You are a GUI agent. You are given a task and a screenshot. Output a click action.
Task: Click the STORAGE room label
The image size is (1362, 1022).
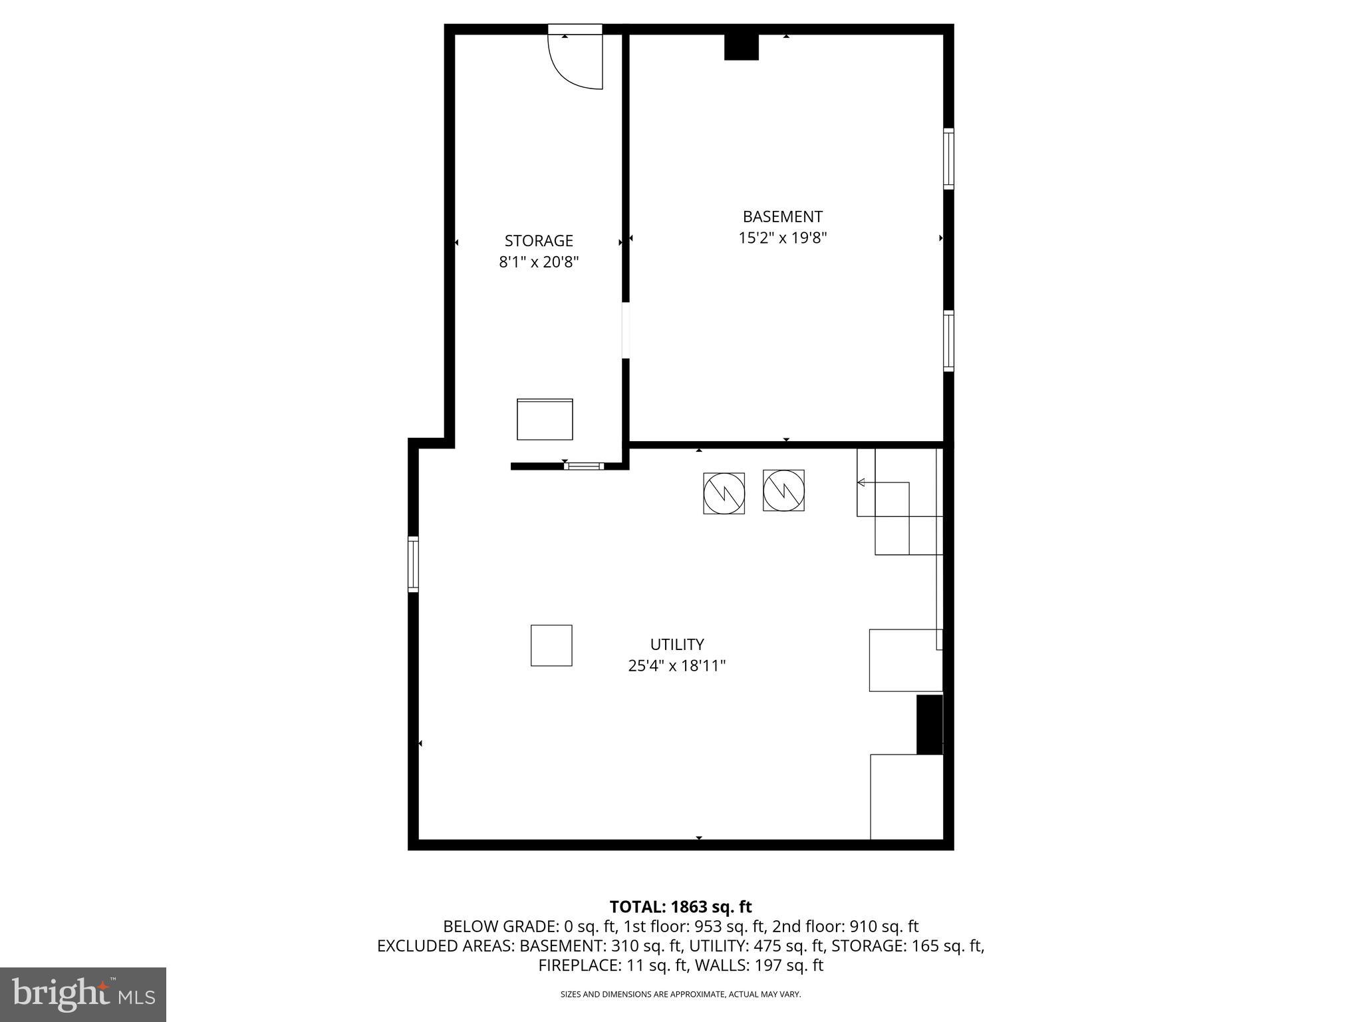pyautogui.click(x=539, y=240)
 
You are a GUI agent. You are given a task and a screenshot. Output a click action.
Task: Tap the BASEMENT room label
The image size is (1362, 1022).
pyautogui.click(x=782, y=216)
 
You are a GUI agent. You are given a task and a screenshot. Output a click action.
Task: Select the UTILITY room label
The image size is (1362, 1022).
pyautogui.click(x=676, y=644)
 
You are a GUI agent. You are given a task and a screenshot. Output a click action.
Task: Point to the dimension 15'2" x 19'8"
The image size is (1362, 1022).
pyautogui.click(x=782, y=238)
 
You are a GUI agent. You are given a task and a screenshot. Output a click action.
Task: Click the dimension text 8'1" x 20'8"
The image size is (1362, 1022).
pyautogui.click(x=539, y=262)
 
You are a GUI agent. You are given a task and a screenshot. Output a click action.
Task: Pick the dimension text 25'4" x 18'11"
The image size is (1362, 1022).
pyautogui.click(x=676, y=665)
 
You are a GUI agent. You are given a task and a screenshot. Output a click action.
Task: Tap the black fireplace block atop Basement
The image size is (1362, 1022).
pyautogui.click(x=741, y=47)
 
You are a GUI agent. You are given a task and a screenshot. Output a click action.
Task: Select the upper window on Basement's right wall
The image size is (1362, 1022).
pyautogui.click(x=948, y=158)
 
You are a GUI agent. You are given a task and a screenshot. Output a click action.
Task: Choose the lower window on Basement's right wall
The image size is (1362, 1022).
pyautogui.click(x=948, y=341)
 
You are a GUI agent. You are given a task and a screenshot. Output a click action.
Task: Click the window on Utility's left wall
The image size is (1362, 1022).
pyautogui.click(x=413, y=564)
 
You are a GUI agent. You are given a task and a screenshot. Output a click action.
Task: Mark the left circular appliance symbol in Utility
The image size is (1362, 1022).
pyautogui.click(x=724, y=493)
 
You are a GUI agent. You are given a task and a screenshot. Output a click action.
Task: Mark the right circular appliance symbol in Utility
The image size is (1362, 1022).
pyautogui.click(x=783, y=490)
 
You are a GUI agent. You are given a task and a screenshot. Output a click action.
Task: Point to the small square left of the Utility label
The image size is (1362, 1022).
pyautogui.click(x=551, y=645)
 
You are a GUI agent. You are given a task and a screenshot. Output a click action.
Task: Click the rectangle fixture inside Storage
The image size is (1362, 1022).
pyautogui.click(x=545, y=419)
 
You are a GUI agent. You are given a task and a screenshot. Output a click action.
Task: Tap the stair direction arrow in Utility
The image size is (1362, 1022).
pyautogui.click(x=862, y=482)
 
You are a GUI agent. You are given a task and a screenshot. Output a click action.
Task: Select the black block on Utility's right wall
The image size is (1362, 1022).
pyautogui.click(x=929, y=725)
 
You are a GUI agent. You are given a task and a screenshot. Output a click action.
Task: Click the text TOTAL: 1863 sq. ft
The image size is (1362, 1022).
pyautogui.click(x=680, y=906)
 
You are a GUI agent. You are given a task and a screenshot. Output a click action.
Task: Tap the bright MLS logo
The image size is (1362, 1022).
pyautogui.click(x=83, y=994)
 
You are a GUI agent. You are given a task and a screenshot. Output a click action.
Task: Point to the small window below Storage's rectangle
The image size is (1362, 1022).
pyautogui.click(x=584, y=466)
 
